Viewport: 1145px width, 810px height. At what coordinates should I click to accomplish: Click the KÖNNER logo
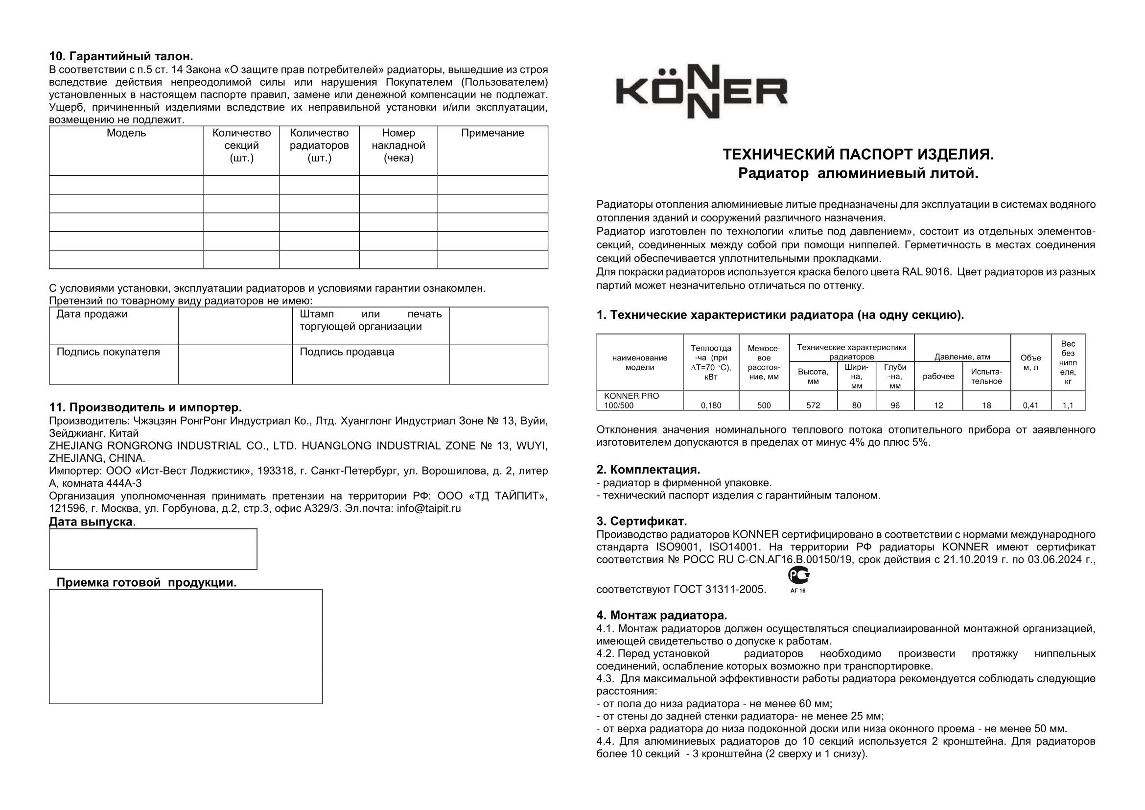(x=701, y=92)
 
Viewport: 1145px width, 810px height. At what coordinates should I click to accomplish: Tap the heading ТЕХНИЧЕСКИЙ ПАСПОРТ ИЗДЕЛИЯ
(x=858, y=155)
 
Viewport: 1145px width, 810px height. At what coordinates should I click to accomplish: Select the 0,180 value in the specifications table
(x=711, y=405)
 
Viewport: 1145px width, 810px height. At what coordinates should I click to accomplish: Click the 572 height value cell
(x=813, y=405)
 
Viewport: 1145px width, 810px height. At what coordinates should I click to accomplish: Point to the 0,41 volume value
(x=1030, y=405)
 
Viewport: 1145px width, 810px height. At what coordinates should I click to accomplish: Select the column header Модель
(x=126, y=133)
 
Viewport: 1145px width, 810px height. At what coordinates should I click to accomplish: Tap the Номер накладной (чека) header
(x=398, y=145)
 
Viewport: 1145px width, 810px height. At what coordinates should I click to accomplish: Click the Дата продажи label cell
(x=92, y=314)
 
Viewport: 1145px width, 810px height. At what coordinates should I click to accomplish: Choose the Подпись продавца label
(x=347, y=352)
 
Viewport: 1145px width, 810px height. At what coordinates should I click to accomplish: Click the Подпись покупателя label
(x=108, y=352)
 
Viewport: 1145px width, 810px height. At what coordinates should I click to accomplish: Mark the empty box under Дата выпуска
(x=153, y=549)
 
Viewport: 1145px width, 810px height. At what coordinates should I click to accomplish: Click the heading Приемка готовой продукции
(x=147, y=583)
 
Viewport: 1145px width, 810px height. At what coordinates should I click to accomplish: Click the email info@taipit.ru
(x=428, y=509)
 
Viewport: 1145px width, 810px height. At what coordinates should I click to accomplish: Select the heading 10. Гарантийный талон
(x=121, y=56)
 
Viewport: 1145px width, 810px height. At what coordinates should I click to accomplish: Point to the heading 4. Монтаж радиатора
(x=661, y=616)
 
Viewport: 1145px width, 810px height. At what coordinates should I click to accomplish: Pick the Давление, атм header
(x=962, y=357)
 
